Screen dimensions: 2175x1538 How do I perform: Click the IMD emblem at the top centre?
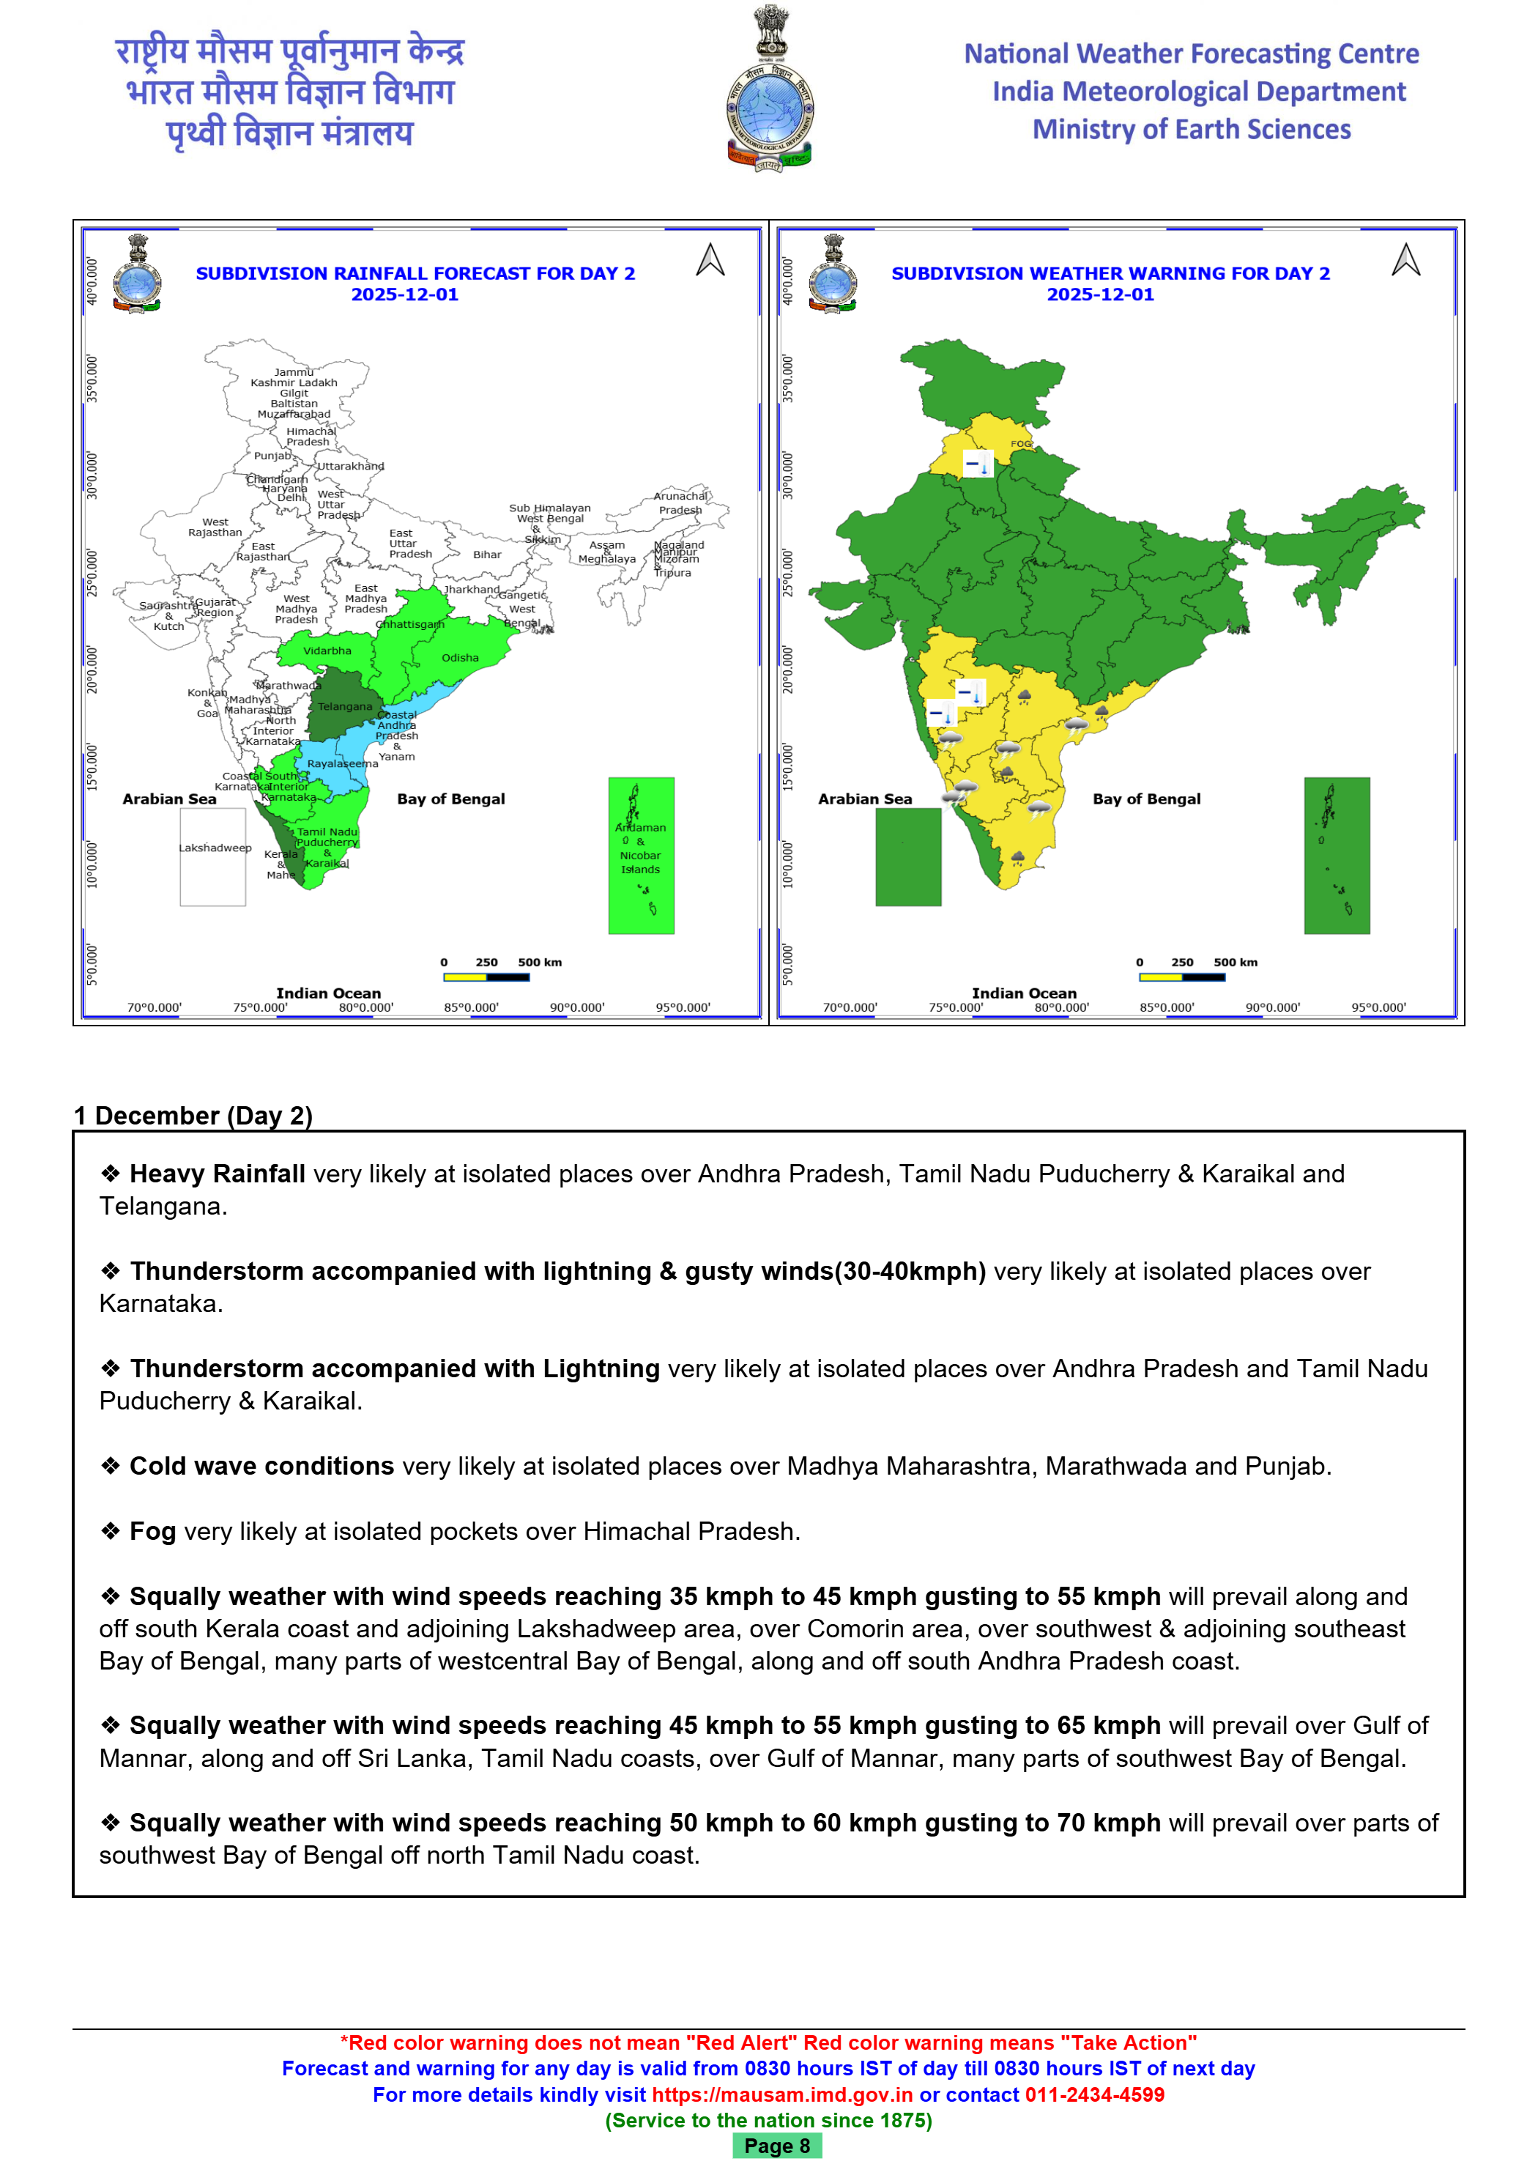769,90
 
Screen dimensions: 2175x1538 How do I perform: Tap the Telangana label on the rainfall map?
345,707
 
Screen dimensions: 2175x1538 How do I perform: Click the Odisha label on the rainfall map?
460,657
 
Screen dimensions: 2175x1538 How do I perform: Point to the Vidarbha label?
327,651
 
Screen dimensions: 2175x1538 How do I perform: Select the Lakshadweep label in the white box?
215,848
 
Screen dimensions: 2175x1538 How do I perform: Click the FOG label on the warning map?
1020,443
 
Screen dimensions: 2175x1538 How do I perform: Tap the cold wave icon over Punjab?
977,464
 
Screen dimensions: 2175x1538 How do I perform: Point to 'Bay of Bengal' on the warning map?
1146,799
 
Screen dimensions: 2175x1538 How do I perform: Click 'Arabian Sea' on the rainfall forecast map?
169,799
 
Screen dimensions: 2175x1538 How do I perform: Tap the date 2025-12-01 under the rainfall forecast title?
404,294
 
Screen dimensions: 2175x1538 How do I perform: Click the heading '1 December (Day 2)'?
194,1115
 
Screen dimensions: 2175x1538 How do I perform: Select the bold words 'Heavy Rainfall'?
217,1174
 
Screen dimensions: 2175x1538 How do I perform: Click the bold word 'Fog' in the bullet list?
152,1531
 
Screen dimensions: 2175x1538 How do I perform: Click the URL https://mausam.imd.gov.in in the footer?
782,2094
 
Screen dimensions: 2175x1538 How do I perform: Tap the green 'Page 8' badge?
776,2146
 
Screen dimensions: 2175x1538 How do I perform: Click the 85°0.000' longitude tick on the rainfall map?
471,1007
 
